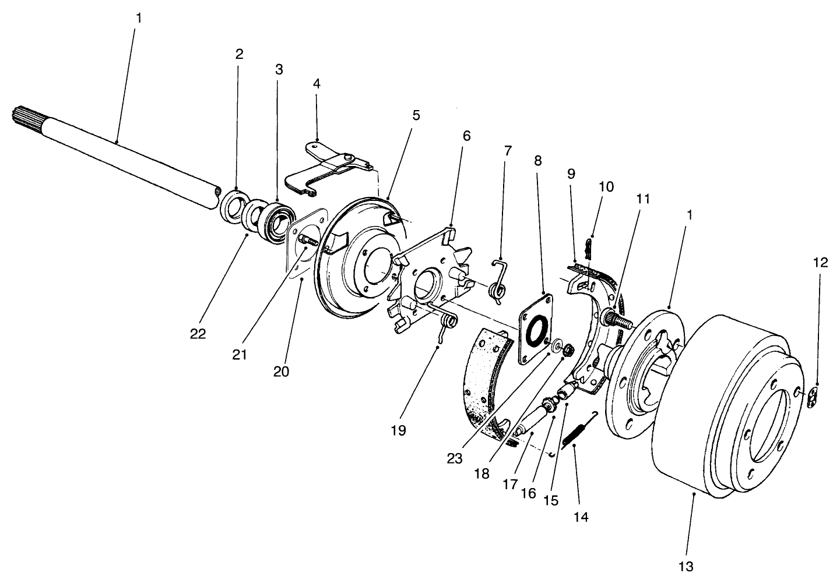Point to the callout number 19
click(x=399, y=430)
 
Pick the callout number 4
click(x=317, y=83)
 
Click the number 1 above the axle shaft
click(x=138, y=17)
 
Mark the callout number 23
click(x=455, y=458)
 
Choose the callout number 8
click(x=537, y=161)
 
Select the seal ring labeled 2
click(x=234, y=206)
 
